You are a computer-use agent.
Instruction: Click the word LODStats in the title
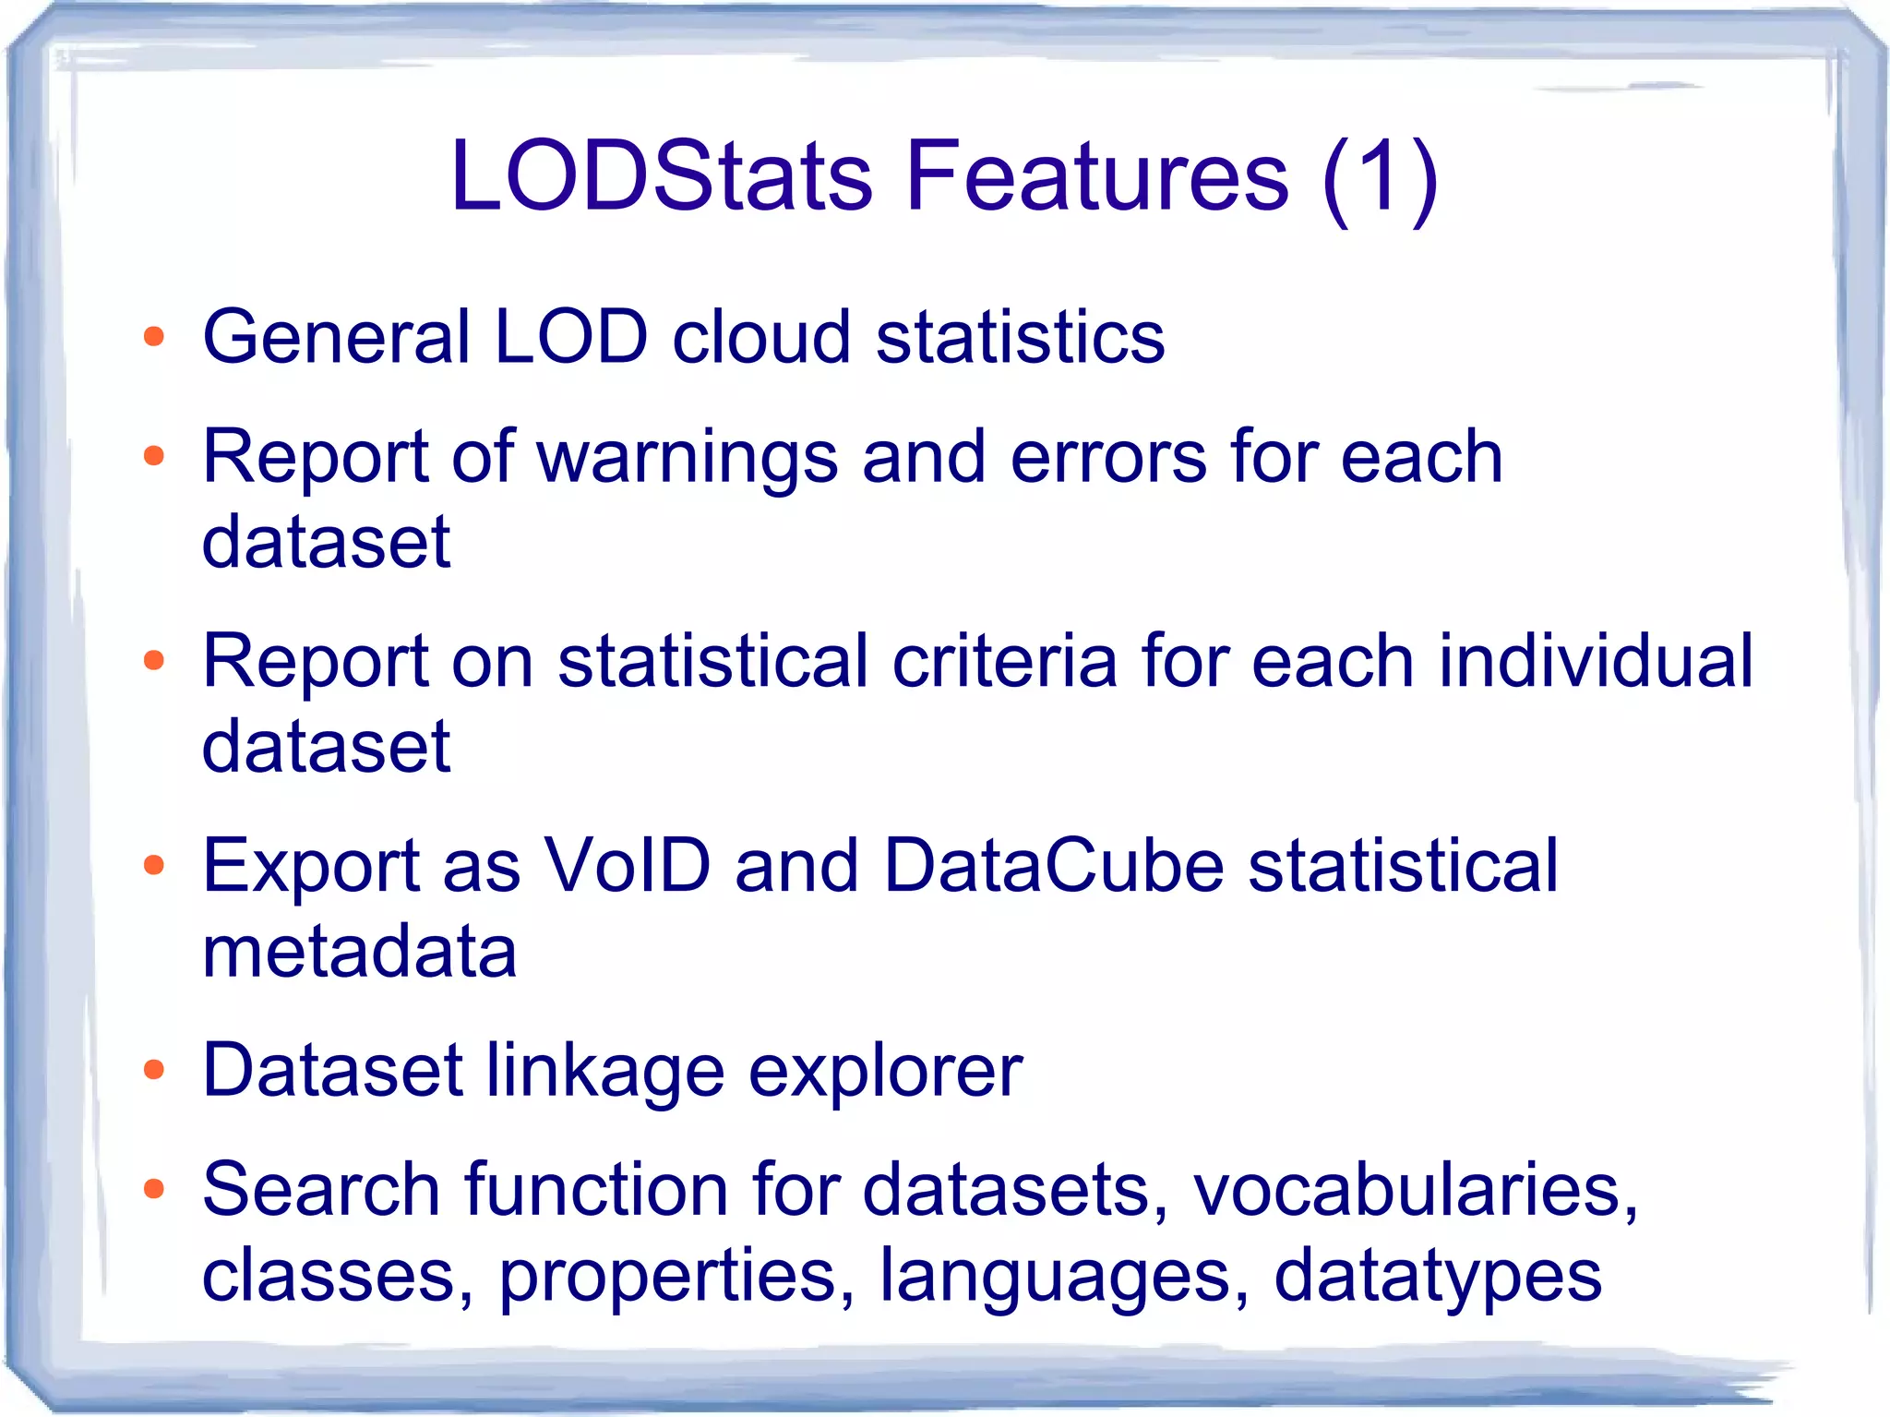(661, 174)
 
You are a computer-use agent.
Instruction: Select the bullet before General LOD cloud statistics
(154, 337)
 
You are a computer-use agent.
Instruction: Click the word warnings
(687, 459)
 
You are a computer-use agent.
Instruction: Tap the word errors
(1107, 459)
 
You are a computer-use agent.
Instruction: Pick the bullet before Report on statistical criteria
(154, 661)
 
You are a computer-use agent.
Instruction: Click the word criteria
(1004, 661)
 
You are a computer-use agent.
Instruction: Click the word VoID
(628, 866)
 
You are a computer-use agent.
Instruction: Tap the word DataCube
(1053, 866)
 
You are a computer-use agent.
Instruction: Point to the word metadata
(359, 952)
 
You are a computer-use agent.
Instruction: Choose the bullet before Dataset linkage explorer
(154, 1071)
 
